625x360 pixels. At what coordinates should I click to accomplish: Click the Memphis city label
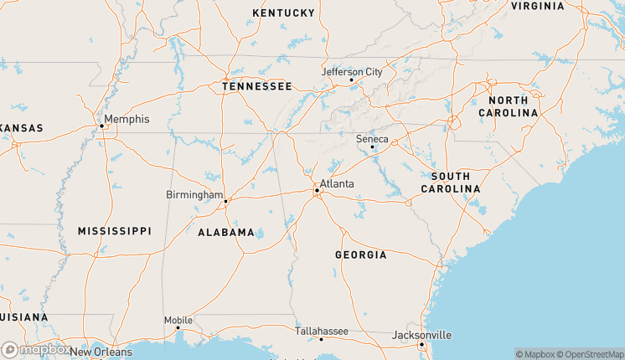127,119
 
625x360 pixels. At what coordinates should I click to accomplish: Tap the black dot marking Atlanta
317,191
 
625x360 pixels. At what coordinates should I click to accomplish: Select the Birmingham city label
194,195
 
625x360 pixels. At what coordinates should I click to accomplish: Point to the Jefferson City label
352,72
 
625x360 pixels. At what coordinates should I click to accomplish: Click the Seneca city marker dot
372,147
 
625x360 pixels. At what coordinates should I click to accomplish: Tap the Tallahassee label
322,332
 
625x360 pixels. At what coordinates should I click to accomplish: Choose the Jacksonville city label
422,335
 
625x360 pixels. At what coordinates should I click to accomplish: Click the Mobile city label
178,320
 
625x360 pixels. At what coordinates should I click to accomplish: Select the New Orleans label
101,352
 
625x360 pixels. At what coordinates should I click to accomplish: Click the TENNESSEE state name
256,86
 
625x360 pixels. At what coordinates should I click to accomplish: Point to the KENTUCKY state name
283,13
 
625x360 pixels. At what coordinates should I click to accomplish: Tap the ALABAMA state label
225,232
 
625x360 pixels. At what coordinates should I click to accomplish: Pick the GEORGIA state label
360,255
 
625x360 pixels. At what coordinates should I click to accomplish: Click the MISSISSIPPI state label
115,230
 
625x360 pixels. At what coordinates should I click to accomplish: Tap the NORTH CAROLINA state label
508,106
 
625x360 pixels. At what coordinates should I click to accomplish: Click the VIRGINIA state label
537,6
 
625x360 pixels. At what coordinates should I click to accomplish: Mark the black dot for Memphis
101,126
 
